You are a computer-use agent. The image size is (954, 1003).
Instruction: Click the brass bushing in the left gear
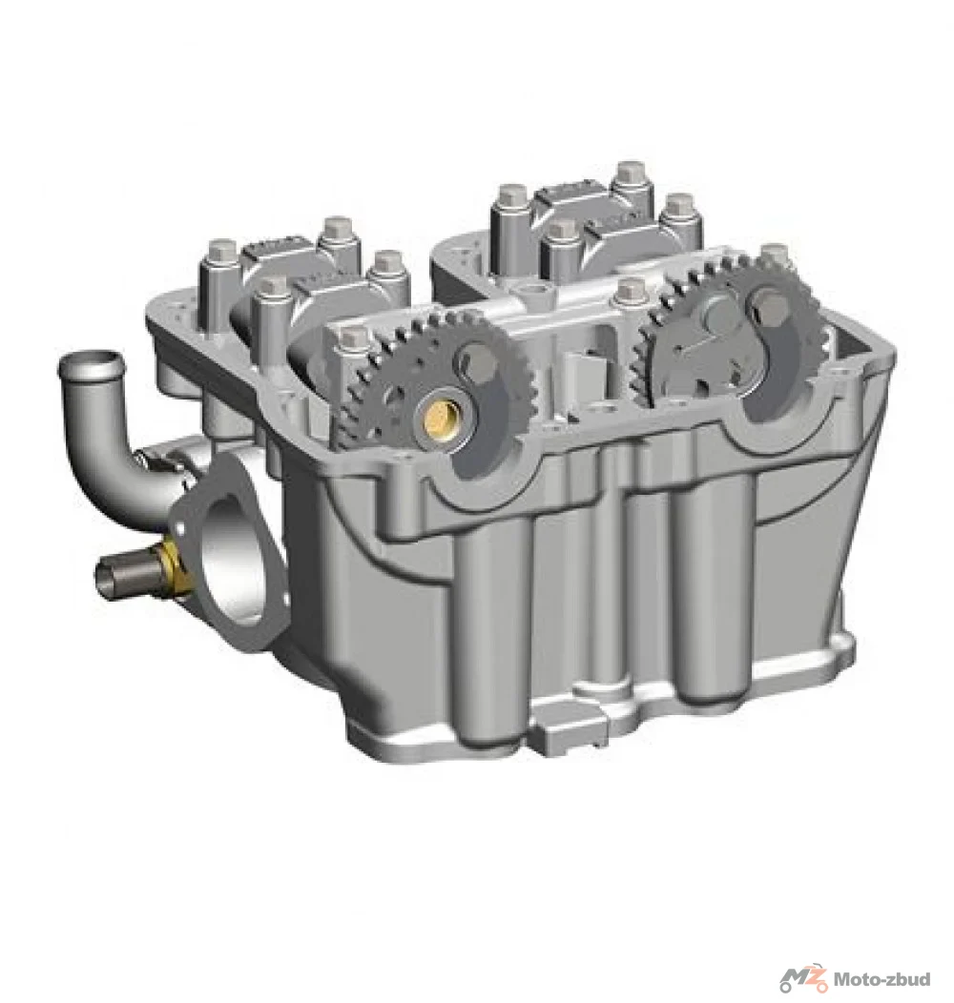pos(439,418)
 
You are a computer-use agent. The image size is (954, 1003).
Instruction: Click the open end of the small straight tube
pos(104,579)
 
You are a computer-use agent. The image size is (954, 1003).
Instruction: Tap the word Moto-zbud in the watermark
pos(882,979)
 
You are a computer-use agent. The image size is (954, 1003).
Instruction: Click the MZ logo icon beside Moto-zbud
pos(803,979)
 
